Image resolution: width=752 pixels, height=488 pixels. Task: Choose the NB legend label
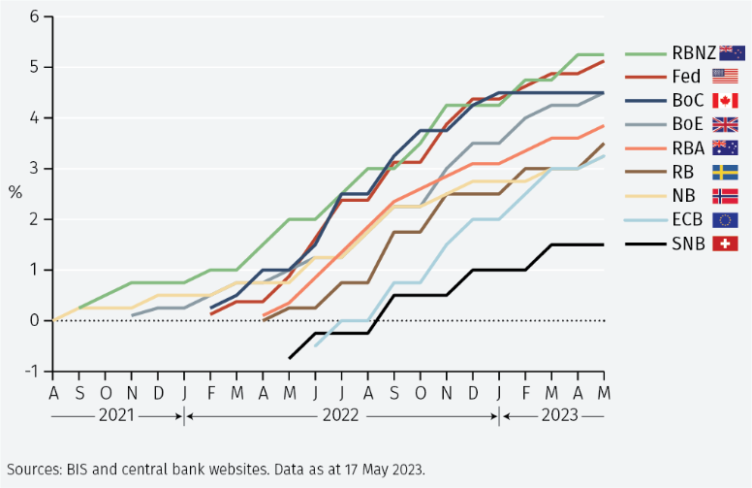point(683,195)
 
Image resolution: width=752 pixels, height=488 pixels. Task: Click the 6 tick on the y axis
point(34,16)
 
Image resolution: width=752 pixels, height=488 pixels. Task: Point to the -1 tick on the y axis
point(32,371)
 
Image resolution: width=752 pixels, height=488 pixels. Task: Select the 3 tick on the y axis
point(34,169)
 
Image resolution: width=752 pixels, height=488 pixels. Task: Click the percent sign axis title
point(15,192)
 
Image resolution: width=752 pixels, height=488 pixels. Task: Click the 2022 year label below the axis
point(342,415)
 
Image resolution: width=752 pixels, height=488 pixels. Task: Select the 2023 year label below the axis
point(559,415)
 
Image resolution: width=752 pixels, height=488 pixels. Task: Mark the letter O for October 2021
point(106,391)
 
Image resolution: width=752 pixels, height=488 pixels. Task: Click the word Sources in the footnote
point(35,470)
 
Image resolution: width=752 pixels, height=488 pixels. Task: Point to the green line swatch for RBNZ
point(642,53)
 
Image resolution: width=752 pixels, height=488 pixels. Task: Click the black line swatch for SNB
point(642,243)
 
